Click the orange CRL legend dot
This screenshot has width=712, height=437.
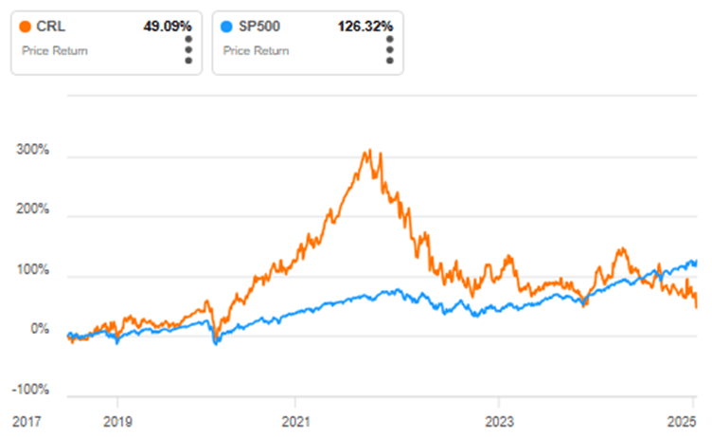click(26, 27)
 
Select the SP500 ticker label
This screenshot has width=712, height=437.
click(259, 27)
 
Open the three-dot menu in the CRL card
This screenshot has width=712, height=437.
click(188, 50)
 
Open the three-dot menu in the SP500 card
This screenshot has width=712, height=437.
click(388, 50)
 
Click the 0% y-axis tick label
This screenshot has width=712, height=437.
click(39, 330)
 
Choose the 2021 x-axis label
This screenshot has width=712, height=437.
click(295, 419)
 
